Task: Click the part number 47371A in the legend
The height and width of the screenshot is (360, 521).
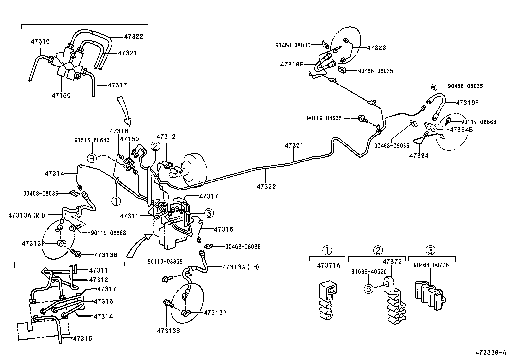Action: [x=328, y=265]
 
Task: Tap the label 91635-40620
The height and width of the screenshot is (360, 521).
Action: [x=369, y=272]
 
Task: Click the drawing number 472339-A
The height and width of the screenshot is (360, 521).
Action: [x=491, y=352]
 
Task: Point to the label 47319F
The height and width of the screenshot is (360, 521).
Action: [x=467, y=103]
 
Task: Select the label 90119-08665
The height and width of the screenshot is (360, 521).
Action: [x=324, y=118]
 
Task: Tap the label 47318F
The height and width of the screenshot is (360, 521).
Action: [x=292, y=64]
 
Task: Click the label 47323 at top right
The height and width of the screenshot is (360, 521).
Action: [x=376, y=48]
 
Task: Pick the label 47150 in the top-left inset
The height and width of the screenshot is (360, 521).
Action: [x=61, y=96]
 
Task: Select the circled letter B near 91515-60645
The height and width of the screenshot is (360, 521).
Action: [x=92, y=158]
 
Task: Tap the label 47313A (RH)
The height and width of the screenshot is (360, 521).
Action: [x=27, y=215]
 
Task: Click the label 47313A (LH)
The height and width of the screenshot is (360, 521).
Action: [x=241, y=267]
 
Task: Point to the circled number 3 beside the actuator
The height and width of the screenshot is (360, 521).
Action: [x=209, y=213]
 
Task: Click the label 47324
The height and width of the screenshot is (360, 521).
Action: [x=419, y=156]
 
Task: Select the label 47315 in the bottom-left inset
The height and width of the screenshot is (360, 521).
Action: [x=82, y=339]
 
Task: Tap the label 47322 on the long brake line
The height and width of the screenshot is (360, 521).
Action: [x=266, y=187]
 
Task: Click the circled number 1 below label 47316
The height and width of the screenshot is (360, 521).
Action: [x=116, y=200]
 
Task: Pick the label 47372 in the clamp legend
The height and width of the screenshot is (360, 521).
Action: [x=392, y=262]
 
